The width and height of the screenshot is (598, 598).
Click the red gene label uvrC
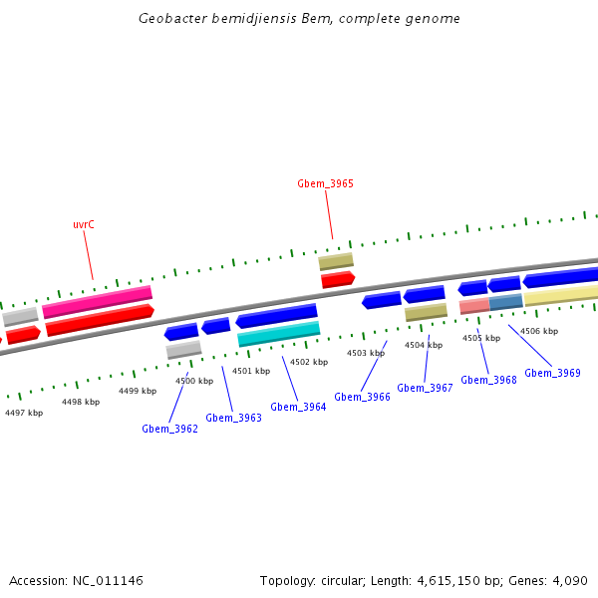coord(84,225)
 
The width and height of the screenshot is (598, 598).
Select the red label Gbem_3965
coord(325,183)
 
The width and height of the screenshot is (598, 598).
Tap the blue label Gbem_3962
coord(169,429)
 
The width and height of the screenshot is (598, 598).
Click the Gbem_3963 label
coord(233,418)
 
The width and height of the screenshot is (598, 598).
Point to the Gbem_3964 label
coord(298,407)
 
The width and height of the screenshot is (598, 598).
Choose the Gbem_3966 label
coord(362,397)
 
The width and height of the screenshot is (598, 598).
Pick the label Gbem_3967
coord(425,388)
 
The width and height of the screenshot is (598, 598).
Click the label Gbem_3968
coord(488,380)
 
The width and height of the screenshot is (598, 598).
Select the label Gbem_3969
coord(552,373)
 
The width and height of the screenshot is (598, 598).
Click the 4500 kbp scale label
coord(194,381)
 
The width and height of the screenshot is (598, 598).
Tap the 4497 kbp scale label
coord(24,412)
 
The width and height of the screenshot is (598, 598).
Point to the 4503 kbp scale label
coord(366,353)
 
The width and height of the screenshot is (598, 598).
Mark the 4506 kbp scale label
coord(539,331)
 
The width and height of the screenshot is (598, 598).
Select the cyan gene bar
coord(279,334)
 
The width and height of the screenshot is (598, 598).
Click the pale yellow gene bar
coord(561,295)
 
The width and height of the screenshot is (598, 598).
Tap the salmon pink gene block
coord(473,306)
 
